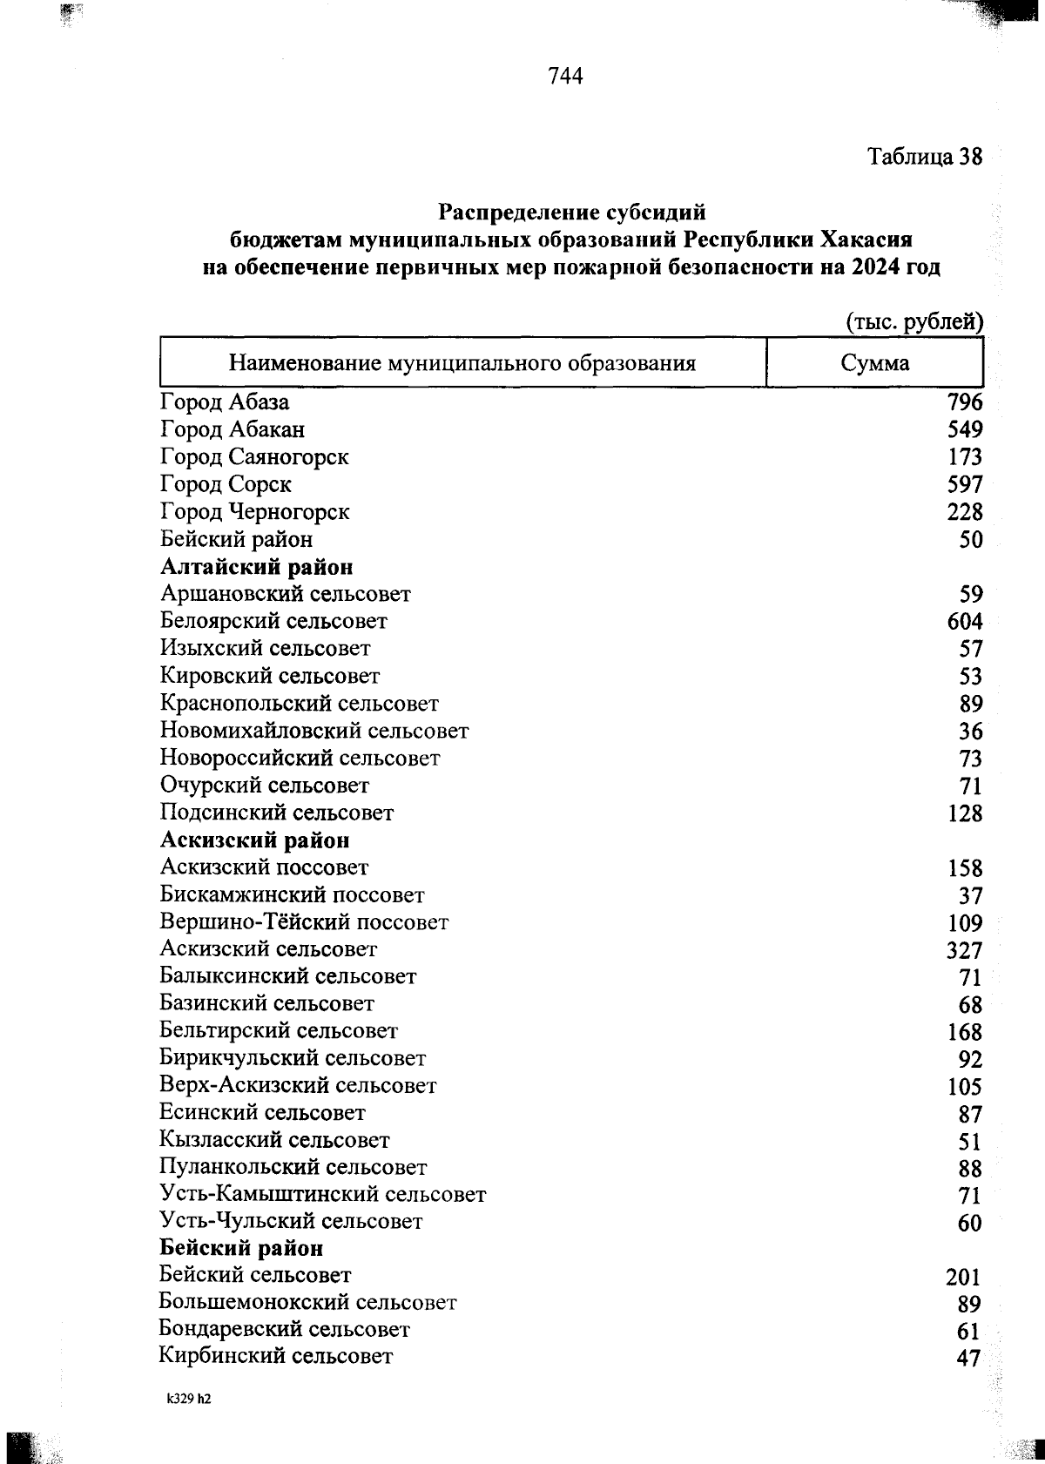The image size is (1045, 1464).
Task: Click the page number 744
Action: pyautogui.click(x=565, y=77)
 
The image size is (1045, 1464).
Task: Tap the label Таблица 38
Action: pyautogui.click(x=924, y=157)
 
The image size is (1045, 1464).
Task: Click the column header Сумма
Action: pyautogui.click(x=874, y=363)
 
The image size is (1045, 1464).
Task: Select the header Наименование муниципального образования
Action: pyautogui.click(x=462, y=363)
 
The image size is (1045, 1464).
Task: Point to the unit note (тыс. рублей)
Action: pyautogui.click(x=914, y=322)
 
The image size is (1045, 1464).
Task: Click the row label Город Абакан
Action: pyautogui.click(x=233, y=429)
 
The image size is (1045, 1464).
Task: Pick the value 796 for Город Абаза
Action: pyautogui.click(x=964, y=402)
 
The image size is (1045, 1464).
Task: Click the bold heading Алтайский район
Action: pyautogui.click(x=257, y=567)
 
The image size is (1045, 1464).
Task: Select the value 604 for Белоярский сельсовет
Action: pyautogui.click(x=964, y=622)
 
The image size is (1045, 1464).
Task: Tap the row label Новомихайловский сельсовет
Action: pyautogui.click(x=313, y=731)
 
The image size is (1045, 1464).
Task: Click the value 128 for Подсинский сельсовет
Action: pyautogui.click(x=964, y=813)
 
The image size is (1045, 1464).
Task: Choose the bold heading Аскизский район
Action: pyautogui.click(x=255, y=840)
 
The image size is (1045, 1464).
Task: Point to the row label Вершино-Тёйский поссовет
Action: pyautogui.click(x=304, y=921)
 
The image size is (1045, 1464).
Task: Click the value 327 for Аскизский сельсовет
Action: pyautogui.click(x=964, y=950)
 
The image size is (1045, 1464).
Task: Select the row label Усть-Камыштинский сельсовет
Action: pyautogui.click(x=322, y=1194)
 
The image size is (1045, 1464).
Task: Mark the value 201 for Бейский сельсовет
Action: pyautogui.click(x=962, y=1277)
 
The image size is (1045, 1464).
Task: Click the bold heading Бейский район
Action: pyautogui.click(x=241, y=1248)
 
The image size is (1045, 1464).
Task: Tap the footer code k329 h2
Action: pyautogui.click(x=190, y=1400)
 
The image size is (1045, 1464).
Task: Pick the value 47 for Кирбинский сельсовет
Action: pyautogui.click(x=967, y=1359)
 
